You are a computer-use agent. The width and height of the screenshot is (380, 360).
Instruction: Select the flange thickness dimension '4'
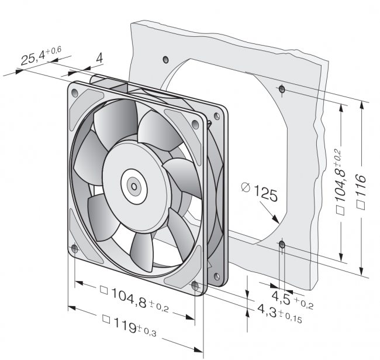pyautogui.click(x=99, y=58)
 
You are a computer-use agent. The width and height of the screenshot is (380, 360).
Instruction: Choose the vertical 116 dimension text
pyautogui.click(x=361, y=189)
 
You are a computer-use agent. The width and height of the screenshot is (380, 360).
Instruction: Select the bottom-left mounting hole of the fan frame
pyautogui.click(x=74, y=249)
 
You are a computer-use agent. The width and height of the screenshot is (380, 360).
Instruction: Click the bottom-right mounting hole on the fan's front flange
pyautogui.click(x=195, y=285)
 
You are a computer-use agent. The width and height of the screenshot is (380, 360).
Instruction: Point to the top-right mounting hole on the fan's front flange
pyautogui.click(x=195, y=124)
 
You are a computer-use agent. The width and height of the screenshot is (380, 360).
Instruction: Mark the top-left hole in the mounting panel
pyautogui.click(x=165, y=59)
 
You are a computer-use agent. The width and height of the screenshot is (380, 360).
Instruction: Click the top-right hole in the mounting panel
pyautogui.click(x=282, y=90)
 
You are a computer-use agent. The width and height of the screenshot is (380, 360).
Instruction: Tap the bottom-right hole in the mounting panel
pyautogui.click(x=282, y=244)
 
